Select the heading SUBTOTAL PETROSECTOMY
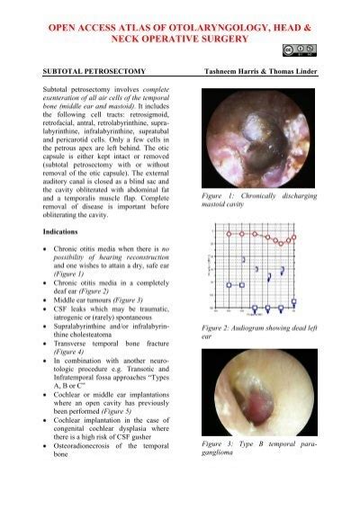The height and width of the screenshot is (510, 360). coord(87,68)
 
